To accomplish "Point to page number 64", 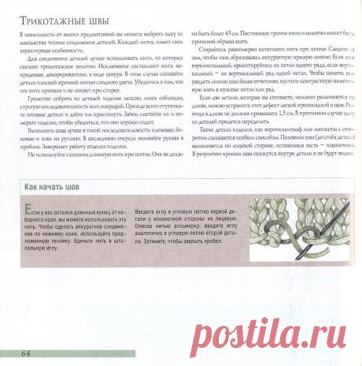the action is [x=26, y=351].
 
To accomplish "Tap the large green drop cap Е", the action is [x=28, y=206].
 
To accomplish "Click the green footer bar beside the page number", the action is [x=197, y=351].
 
